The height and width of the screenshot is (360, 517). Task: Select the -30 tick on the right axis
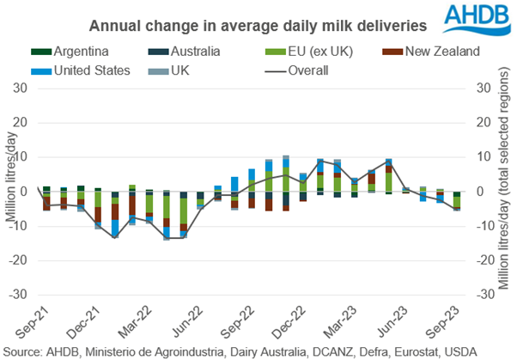click(484, 293)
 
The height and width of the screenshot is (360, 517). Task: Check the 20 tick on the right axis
click(482, 123)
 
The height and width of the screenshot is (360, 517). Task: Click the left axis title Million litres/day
click(9, 191)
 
